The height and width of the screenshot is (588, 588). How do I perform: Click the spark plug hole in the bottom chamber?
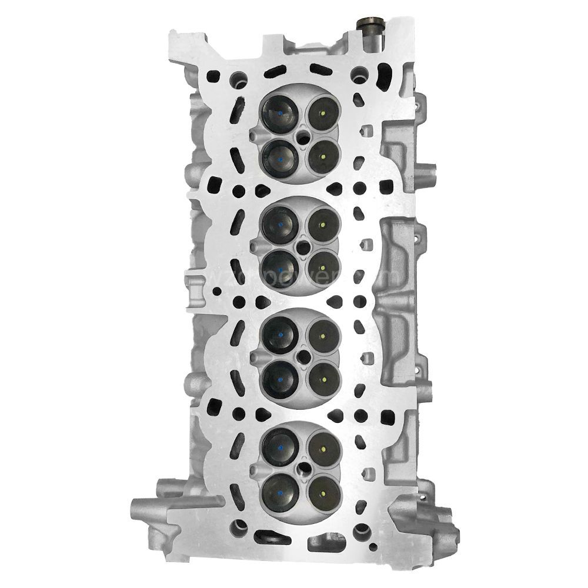[x=304, y=469]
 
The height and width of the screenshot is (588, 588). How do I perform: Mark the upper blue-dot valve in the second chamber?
[x=280, y=224]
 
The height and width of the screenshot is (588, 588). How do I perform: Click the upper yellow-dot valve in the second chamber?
[x=323, y=224]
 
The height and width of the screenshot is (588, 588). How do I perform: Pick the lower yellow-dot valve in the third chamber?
[x=324, y=376]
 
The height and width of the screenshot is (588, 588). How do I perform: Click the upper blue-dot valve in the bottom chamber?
[x=281, y=445]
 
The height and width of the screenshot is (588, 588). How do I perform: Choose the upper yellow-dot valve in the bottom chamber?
[x=324, y=445]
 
